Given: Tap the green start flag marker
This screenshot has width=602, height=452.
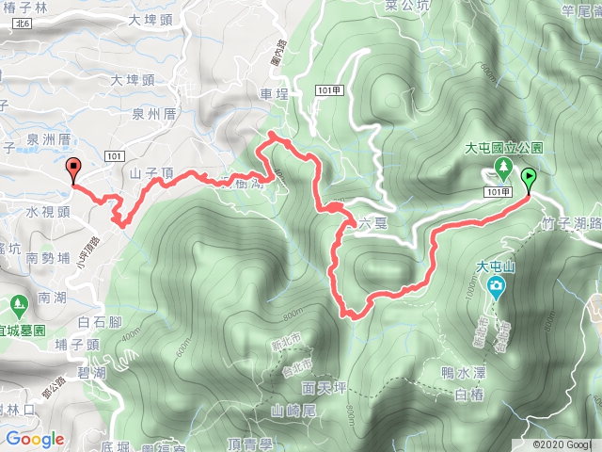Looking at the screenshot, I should (x=529, y=178).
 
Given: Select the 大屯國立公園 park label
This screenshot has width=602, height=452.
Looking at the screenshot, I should (x=504, y=149).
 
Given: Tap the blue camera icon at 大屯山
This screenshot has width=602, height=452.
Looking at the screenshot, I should (x=493, y=288).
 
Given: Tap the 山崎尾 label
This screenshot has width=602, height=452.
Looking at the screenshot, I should (x=290, y=410).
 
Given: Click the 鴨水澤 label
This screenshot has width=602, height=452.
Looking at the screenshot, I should (x=460, y=373).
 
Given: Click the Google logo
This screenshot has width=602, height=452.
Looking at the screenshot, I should (x=35, y=439).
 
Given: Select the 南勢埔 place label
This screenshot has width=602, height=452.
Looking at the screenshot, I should (x=49, y=257).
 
